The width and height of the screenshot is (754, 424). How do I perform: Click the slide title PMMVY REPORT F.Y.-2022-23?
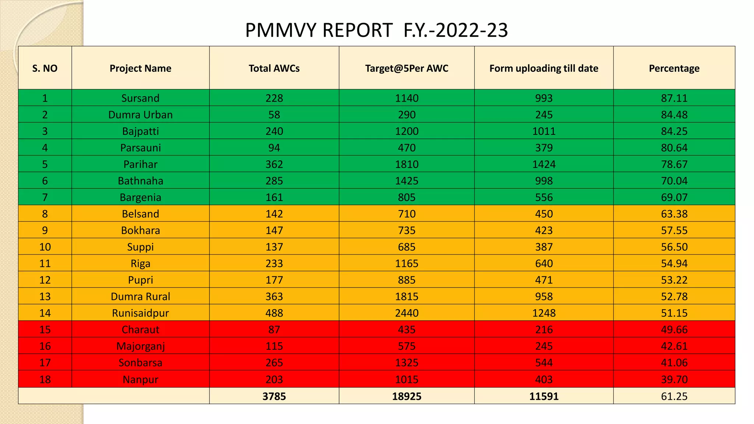coord(376,30)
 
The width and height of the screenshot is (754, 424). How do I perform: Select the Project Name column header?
coord(140,68)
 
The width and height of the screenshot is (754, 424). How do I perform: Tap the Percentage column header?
coord(674,68)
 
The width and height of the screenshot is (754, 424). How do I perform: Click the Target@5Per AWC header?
coord(406,68)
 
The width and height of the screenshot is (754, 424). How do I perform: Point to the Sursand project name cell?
coord(140,98)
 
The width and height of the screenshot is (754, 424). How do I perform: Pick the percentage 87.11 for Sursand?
coord(674,98)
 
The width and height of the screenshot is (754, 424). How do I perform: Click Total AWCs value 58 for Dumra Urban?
coord(274,115)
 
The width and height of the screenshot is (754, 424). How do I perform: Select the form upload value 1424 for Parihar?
coord(544,165)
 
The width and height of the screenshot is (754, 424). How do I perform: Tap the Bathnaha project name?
coord(140,181)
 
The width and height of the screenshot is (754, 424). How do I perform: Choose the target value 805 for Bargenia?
coord(406,198)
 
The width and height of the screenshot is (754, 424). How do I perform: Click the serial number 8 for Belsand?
coord(45,214)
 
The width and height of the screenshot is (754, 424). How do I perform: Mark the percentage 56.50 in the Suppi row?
coord(674,247)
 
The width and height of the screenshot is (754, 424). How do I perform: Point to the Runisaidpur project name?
coord(140,313)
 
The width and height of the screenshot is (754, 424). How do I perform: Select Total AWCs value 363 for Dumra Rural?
coord(274,297)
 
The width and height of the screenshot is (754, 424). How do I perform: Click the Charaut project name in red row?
coord(140,330)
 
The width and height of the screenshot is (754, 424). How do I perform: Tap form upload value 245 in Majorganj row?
coord(544,346)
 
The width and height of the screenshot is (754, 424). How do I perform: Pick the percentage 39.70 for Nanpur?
coord(674,379)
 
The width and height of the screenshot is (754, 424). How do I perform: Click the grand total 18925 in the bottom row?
coord(406,396)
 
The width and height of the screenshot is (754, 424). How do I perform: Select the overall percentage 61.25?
coord(674,396)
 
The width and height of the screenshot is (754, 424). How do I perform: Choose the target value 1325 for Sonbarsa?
coord(406,363)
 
